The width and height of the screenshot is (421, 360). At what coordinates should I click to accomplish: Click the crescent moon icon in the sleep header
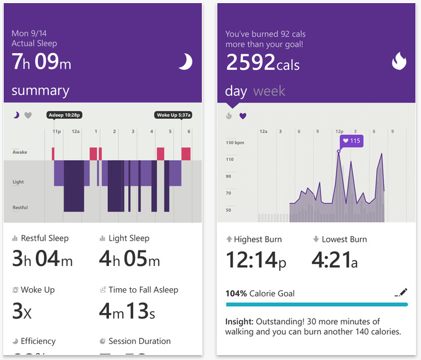tap(184, 61)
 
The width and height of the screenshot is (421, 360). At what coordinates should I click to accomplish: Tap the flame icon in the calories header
tap(399, 61)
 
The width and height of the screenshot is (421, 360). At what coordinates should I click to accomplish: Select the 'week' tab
tap(269, 92)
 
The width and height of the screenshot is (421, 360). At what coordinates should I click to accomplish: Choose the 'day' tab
tap(236, 92)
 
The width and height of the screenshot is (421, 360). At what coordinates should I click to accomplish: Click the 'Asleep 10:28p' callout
tap(64, 115)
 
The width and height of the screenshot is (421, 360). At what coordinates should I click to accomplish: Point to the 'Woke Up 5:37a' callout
tap(173, 115)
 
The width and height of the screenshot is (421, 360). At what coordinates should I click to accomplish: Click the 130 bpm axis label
tap(235, 143)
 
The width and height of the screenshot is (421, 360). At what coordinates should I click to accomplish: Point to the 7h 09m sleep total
tap(42, 61)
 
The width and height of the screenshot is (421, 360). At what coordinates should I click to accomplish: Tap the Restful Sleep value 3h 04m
tap(42, 259)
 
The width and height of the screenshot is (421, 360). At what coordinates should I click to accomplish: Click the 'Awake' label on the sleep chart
tap(20, 152)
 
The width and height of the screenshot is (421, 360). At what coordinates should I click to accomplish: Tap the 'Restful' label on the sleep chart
tap(20, 207)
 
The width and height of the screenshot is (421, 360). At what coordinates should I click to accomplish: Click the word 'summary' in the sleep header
tap(40, 91)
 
